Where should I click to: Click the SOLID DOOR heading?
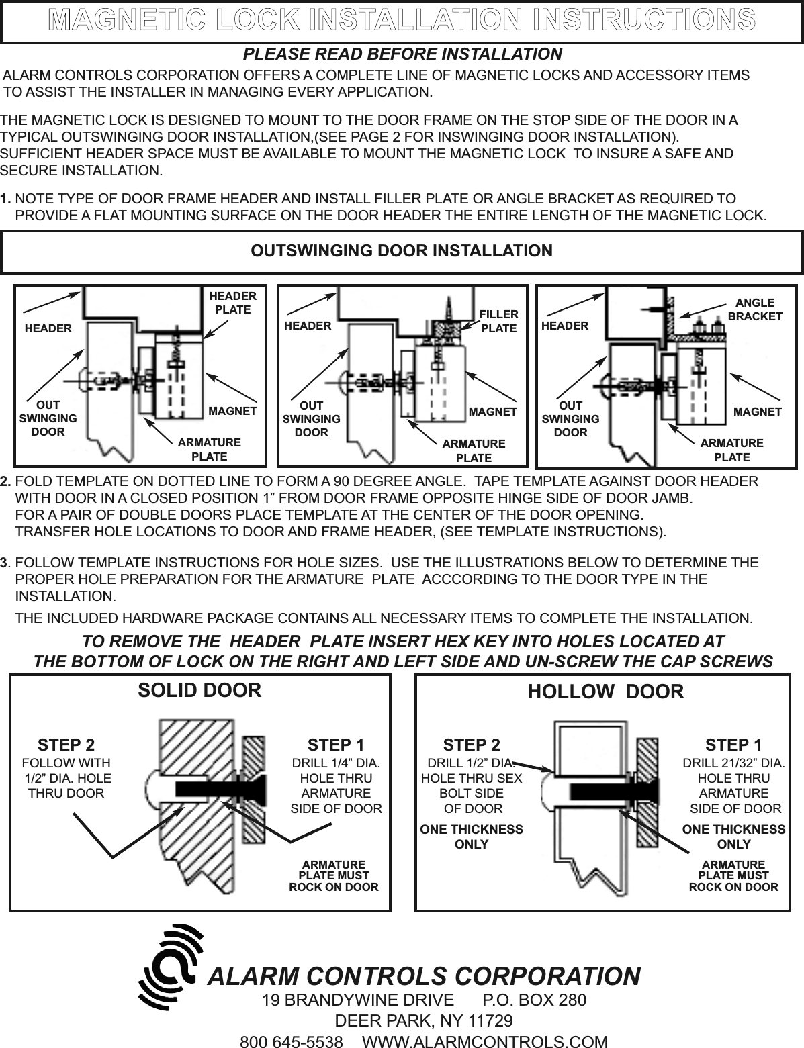tap(199, 690)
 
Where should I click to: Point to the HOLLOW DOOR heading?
tap(606, 692)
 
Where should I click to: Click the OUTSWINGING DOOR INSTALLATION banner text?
tap(402, 251)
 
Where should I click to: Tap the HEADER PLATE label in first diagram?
tap(232, 303)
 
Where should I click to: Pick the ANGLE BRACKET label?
tap(755, 309)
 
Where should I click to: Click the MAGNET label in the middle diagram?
tap(492, 411)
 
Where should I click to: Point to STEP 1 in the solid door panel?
tap(336, 745)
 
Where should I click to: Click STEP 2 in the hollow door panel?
tap(472, 745)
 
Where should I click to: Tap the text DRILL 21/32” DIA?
tap(733, 763)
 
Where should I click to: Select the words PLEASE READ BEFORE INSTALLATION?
tap(402, 54)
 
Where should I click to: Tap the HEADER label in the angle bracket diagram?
tap(564, 326)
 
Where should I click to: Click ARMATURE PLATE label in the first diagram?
tap(209, 450)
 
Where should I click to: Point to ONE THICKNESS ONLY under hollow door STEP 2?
tap(472, 837)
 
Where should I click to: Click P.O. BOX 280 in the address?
tap(534, 1000)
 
